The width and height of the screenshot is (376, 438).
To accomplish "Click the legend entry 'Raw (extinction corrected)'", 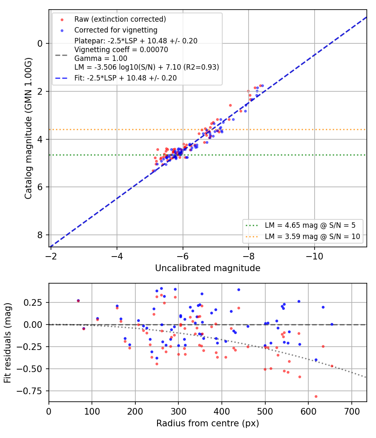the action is coord(120,19).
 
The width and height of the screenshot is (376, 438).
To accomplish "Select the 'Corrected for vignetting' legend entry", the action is coord(116,30).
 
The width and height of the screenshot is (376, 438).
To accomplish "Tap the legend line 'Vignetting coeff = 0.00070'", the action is coord(121,50).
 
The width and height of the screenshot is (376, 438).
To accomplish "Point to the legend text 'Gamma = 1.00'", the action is coord(101,58).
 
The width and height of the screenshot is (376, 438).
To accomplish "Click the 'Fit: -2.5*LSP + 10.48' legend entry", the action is coord(126,78).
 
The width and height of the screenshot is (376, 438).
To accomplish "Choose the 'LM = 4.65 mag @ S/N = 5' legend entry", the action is coord(310,225).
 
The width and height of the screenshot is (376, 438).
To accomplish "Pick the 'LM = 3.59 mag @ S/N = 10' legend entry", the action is coord(312,237).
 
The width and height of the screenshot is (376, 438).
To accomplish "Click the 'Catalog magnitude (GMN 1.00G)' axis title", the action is coord(28,128).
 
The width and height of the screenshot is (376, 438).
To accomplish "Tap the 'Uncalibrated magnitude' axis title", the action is coord(208,268).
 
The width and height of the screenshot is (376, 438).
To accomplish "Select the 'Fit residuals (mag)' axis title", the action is coord(8,343).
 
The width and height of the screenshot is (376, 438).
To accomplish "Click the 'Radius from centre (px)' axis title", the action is coord(208,423).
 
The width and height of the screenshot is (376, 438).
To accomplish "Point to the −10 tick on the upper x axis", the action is coord(315,256).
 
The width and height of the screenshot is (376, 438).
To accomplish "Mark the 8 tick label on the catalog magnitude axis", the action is coord(40,235).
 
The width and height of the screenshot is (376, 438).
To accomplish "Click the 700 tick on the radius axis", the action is coord(352,411).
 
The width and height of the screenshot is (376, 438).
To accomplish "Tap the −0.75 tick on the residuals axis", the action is coord(29,391).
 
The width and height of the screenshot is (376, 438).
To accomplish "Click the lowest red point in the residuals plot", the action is coord(316,396).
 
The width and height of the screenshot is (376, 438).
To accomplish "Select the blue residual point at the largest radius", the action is coord(332,324).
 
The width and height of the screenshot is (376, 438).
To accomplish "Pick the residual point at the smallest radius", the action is coord(79,301).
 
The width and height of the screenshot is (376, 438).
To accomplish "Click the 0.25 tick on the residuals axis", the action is coord(33,302).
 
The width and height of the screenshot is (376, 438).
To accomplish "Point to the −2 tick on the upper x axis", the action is coord(51,256).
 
